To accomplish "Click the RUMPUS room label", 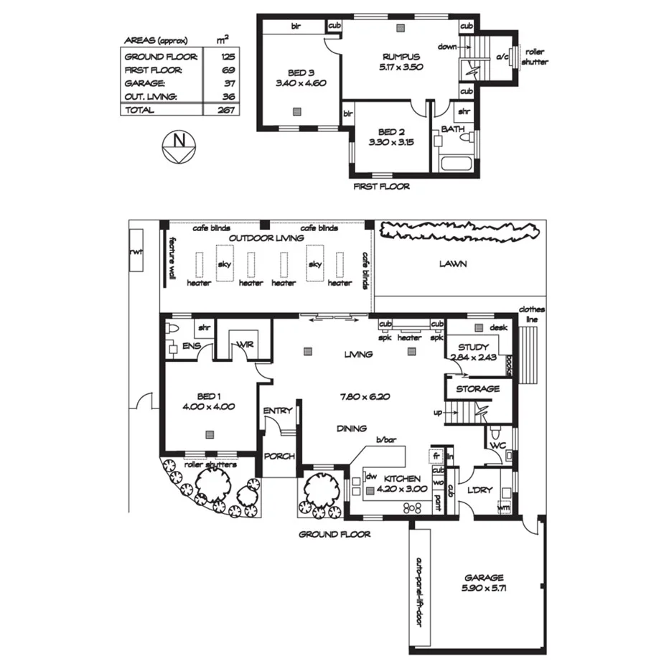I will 401,56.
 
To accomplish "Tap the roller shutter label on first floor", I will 536,57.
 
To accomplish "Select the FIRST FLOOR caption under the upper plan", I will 382,187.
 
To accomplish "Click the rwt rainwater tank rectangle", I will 135,252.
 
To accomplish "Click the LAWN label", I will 454,263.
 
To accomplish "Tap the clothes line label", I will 533,314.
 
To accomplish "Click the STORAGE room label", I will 477,388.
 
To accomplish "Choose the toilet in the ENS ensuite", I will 171,329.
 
